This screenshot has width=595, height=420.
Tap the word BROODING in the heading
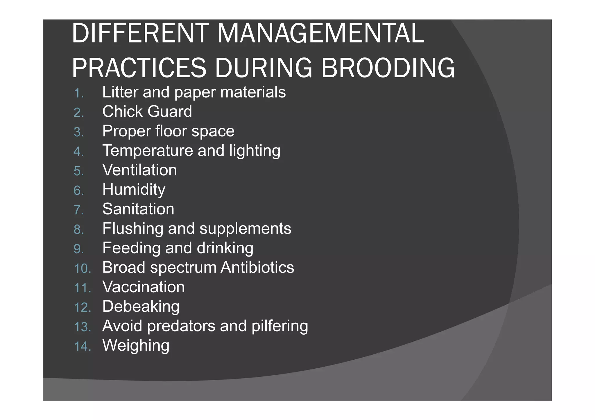[388, 68]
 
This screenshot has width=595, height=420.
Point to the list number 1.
[78, 93]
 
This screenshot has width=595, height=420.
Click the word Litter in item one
[120, 92]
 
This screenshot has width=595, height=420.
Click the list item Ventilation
[139, 170]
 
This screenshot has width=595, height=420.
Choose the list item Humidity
[134, 190]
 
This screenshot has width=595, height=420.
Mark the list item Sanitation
[138, 209]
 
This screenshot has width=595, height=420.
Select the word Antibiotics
[257, 267]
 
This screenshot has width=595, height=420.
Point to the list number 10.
[82, 268]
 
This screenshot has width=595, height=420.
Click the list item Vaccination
[144, 287]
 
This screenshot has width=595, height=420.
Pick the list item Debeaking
[141, 307]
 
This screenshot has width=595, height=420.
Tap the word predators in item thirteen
[181, 326]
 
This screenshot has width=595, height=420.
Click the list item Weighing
[136, 346]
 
